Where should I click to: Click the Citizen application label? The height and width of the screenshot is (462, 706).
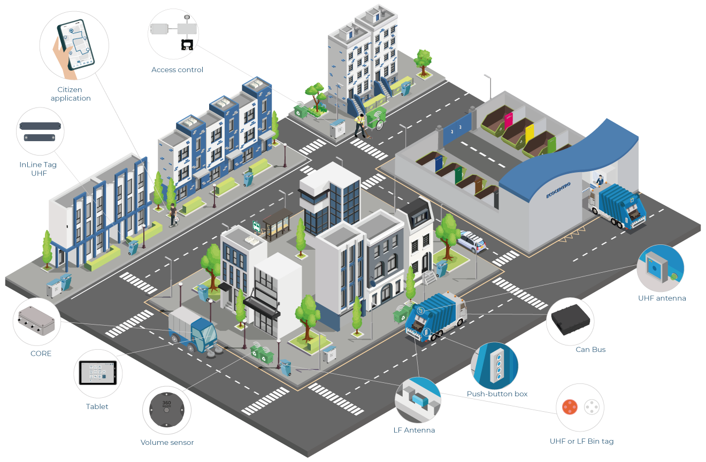[x=71, y=94]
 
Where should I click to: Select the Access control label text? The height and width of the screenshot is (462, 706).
[x=177, y=70]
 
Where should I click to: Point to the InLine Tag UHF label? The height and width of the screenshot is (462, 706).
[x=38, y=169]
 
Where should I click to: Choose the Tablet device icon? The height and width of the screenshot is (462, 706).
[x=97, y=373]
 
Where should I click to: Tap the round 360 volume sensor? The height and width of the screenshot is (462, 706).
[x=166, y=410]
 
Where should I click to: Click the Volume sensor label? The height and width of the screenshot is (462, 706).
[x=167, y=442]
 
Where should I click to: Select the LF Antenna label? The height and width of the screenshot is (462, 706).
[x=414, y=430]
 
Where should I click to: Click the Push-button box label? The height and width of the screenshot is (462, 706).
[x=497, y=394]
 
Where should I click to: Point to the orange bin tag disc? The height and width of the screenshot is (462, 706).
[x=570, y=407]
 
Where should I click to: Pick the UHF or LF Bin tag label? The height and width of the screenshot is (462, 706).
[x=581, y=441]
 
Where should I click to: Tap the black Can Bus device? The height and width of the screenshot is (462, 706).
[x=570, y=320]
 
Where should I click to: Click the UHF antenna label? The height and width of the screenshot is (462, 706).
[x=662, y=298]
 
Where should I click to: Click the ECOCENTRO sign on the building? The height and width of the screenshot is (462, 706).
[x=558, y=191]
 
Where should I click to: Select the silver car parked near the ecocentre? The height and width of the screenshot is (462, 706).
[x=472, y=241]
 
